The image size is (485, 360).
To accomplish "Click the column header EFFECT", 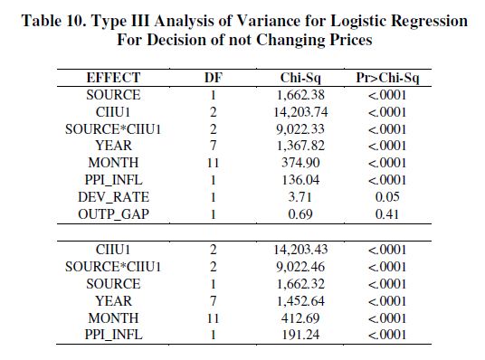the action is (x=113, y=78).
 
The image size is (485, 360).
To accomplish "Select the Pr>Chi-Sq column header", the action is (x=387, y=78).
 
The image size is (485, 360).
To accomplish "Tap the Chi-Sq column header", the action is (x=300, y=79).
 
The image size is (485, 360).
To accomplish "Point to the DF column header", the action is (x=214, y=78).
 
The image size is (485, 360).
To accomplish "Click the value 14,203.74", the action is (x=300, y=112).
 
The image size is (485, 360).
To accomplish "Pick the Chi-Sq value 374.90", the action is (x=300, y=163).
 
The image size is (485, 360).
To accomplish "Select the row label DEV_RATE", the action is (x=113, y=197).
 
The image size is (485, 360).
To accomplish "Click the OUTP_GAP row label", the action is (x=113, y=214).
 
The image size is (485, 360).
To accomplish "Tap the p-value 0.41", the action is (x=387, y=214).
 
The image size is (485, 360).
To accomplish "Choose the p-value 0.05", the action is (x=387, y=197).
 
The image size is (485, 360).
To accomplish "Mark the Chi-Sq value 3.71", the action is (x=300, y=197).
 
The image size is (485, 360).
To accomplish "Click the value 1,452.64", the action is (x=300, y=301).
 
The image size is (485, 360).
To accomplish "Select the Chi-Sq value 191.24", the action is (x=300, y=335).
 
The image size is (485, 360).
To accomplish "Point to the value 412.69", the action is (x=300, y=317).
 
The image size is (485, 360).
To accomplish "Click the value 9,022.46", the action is (x=300, y=267).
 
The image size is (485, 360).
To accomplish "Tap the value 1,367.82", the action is (x=300, y=146).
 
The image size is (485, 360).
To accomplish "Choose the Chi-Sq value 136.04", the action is (x=300, y=180).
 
